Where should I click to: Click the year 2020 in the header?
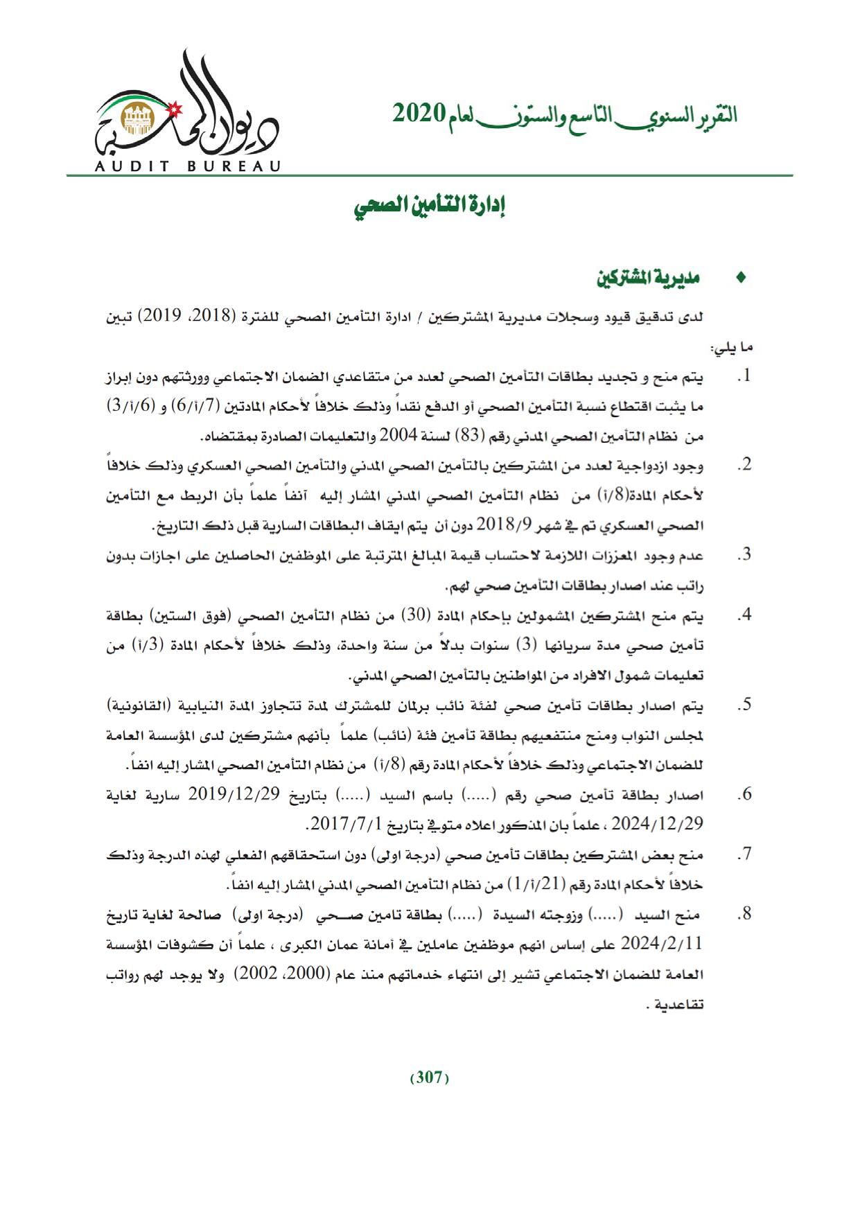419,113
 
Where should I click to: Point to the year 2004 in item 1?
399,437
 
